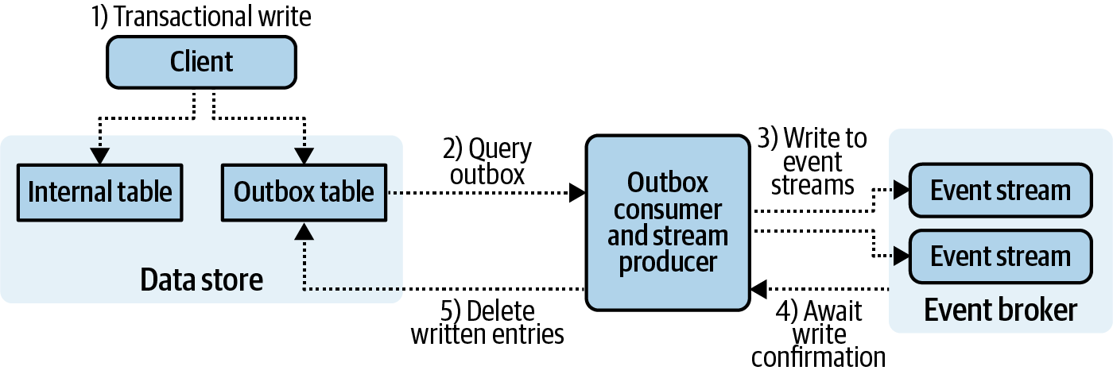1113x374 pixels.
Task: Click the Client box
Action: (x=201, y=62)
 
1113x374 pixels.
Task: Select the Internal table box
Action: (x=100, y=192)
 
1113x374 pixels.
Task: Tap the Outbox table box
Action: (x=304, y=192)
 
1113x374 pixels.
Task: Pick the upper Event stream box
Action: (x=1000, y=191)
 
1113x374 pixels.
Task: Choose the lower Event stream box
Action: (x=1000, y=256)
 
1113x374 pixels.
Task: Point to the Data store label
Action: (x=201, y=280)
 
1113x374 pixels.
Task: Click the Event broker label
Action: (x=1000, y=310)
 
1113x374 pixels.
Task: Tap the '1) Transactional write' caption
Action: (x=201, y=17)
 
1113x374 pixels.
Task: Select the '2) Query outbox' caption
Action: (x=487, y=162)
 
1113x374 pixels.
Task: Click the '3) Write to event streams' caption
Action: (x=811, y=161)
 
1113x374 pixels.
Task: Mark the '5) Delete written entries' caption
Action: (x=487, y=322)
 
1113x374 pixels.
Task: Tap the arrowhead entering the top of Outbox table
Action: (x=304, y=157)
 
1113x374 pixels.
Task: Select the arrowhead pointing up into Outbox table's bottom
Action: (x=304, y=229)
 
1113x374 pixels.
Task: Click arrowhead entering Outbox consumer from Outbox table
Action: (x=577, y=192)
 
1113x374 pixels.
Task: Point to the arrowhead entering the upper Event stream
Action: (x=900, y=191)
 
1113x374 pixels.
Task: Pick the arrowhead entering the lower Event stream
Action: (x=900, y=256)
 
